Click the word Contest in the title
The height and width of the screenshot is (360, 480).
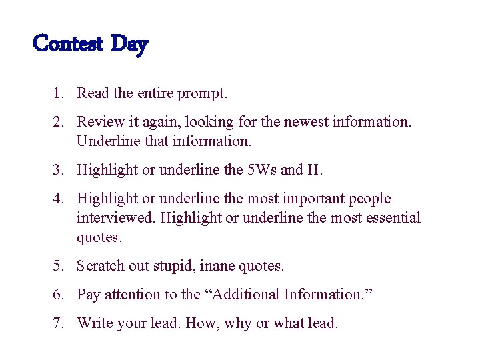[x=67, y=44]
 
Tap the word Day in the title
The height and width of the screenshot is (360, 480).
[x=129, y=45]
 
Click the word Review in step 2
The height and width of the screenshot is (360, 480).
[x=99, y=122]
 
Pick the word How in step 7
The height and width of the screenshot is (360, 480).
[x=200, y=324]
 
